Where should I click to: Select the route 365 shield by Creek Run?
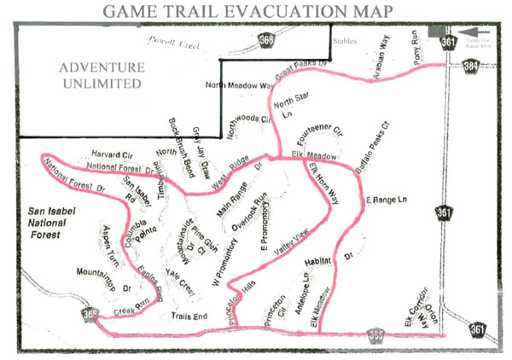[90, 315]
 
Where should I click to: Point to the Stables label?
[345, 39]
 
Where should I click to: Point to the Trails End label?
[190, 316]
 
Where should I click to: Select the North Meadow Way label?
[240, 86]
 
